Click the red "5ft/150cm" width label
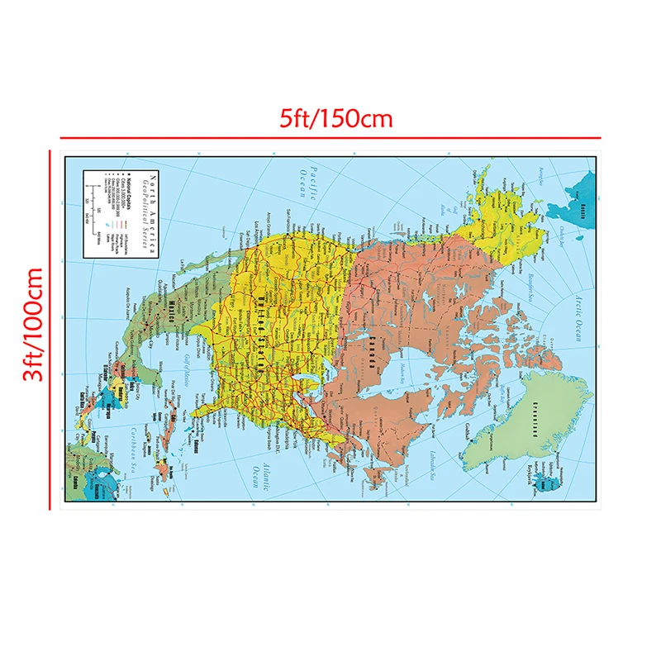point(334,118)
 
